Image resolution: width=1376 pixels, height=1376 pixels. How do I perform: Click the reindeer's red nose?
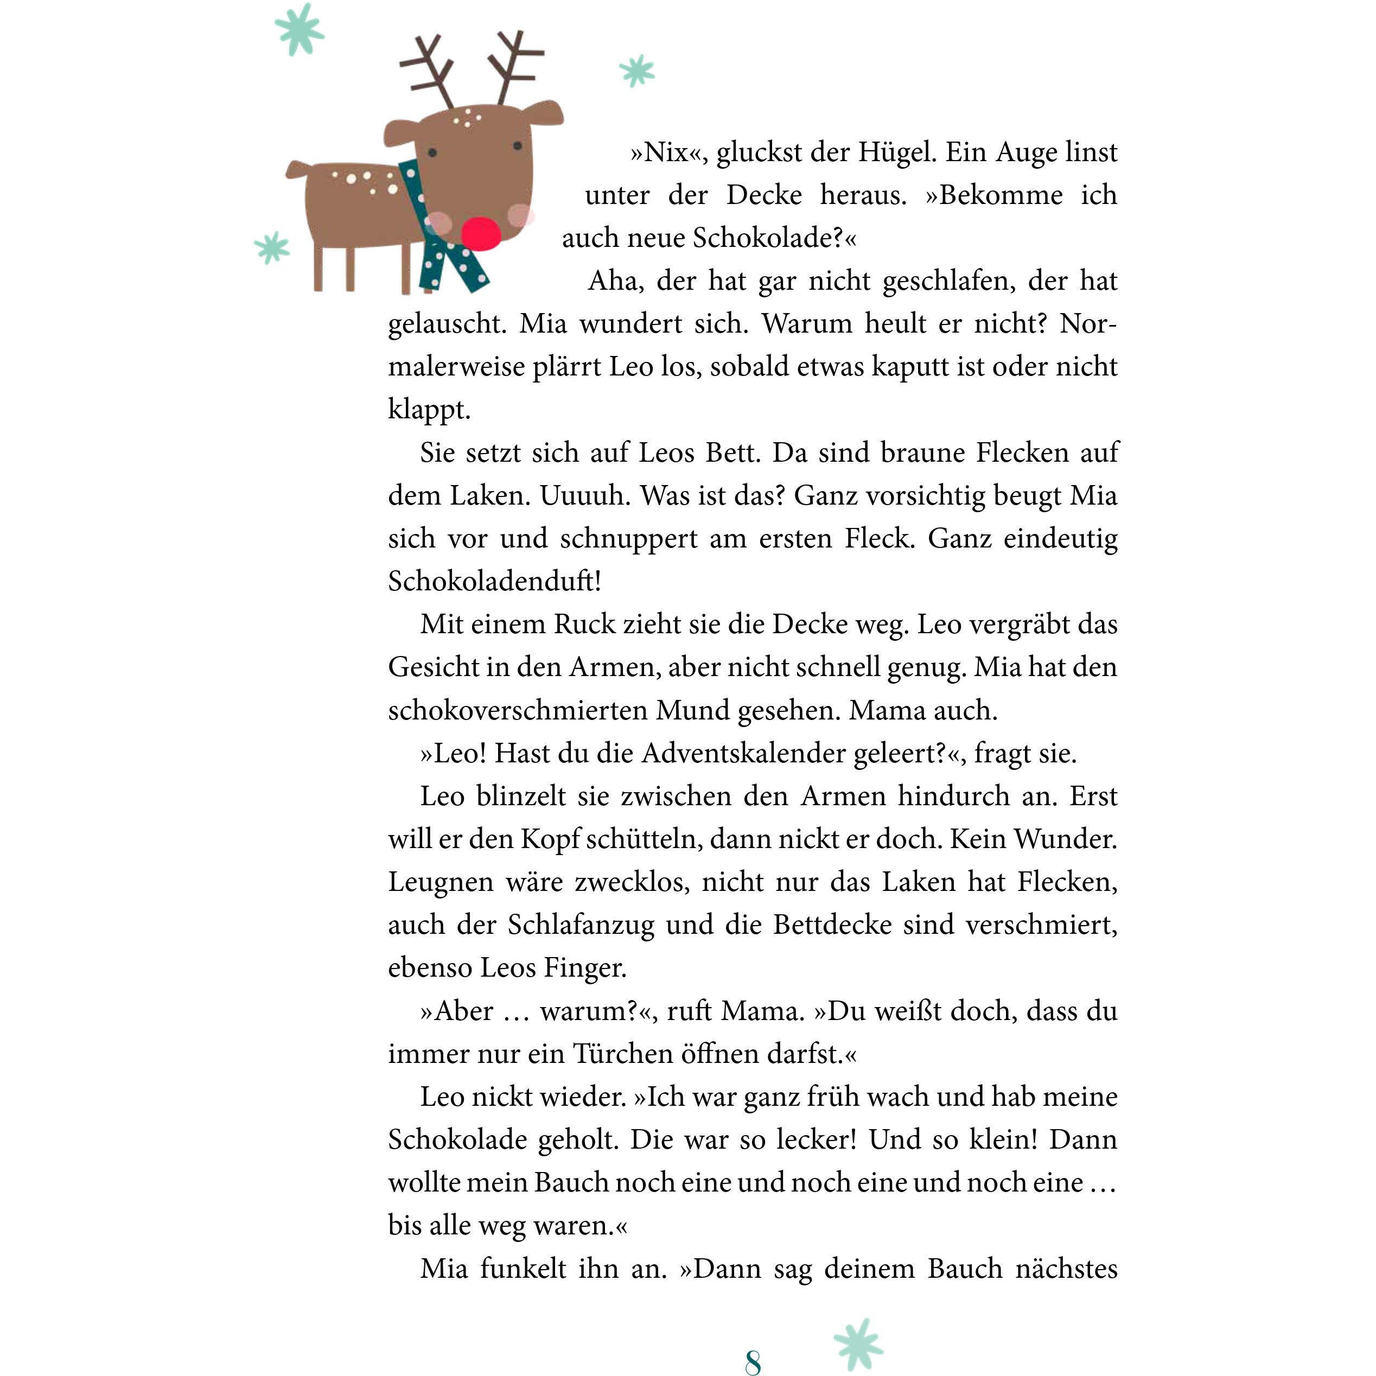tap(481, 232)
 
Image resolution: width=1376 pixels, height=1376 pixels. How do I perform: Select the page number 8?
tap(753, 1361)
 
